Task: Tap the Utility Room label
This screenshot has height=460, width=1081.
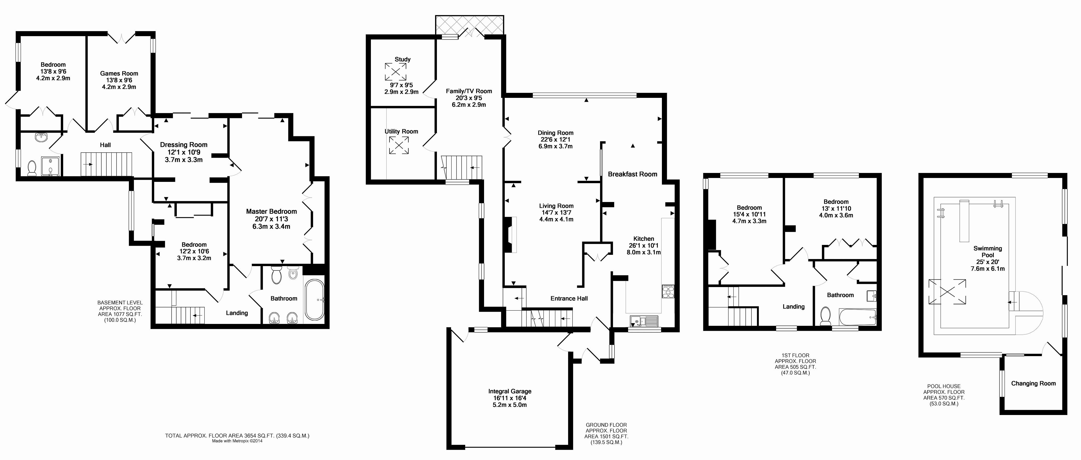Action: pyautogui.click(x=401, y=132)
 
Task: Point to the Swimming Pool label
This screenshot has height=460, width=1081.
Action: pyautogui.click(x=987, y=252)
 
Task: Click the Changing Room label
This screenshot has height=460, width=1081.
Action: pyautogui.click(x=1033, y=383)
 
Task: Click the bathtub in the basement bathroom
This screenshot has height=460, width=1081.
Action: pyautogui.click(x=314, y=299)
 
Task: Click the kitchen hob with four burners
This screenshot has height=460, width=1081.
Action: pyautogui.click(x=668, y=291)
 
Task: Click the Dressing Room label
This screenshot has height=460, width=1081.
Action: pyautogui.click(x=184, y=145)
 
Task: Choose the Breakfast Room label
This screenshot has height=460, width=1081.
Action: pyautogui.click(x=632, y=174)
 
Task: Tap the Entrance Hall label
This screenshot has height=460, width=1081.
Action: pyautogui.click(x=569, y=299)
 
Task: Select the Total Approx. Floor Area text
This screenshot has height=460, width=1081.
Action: pyautogui.click(x=237, y=436)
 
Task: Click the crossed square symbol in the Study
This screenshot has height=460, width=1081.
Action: pyautogui.click(x=395, y=72)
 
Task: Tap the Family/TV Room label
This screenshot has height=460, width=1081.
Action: pyautogui.click(x=469, y=91)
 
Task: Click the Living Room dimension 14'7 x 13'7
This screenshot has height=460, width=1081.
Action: pyautogui.click(x=556, y=212)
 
